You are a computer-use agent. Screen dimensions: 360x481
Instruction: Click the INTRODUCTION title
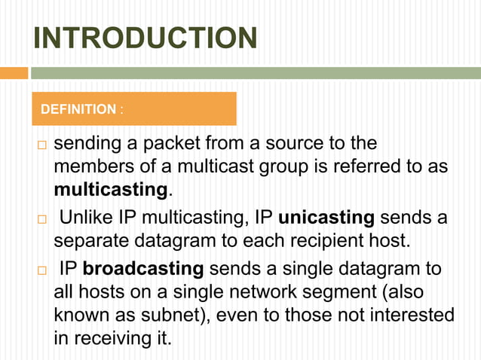tap(146, 38)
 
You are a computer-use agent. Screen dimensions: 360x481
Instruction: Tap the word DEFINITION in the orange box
tap(78, 110)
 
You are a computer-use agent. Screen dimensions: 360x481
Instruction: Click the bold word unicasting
tap(326, 218)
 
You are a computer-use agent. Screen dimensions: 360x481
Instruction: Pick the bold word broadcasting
tap(142, 269)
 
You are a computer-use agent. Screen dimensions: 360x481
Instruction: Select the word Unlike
tap(87, 218)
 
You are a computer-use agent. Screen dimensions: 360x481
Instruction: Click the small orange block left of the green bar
tap(14, 73)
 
